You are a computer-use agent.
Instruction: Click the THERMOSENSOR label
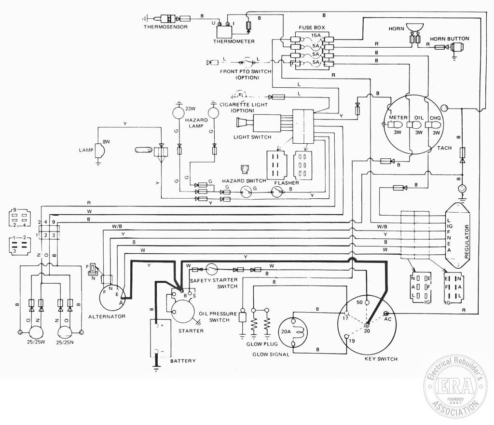point(166,27)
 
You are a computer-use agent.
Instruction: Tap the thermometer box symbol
point(224,31)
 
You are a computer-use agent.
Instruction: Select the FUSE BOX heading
point(312,27)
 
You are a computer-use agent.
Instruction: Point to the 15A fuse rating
point(316,36)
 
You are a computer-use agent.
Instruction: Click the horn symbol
point(415,27)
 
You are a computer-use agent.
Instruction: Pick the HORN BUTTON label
point(449,39)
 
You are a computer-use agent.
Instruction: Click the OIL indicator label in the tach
point(419,118)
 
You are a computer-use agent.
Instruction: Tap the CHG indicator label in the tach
point(436,118)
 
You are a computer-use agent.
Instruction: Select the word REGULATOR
point(467,242)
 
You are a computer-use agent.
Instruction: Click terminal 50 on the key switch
point(367,302)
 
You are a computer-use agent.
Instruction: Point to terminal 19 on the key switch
point(346,337)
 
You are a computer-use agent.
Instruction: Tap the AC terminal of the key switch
point(386,314)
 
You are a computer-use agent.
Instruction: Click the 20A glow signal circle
point(293,333)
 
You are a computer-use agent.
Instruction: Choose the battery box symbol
point(161,338)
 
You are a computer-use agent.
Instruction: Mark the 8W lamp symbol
point(100,151)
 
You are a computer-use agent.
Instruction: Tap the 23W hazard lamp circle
point(178,113)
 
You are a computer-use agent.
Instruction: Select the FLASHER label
point(287,183)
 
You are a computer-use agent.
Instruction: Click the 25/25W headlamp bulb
point(37,332)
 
